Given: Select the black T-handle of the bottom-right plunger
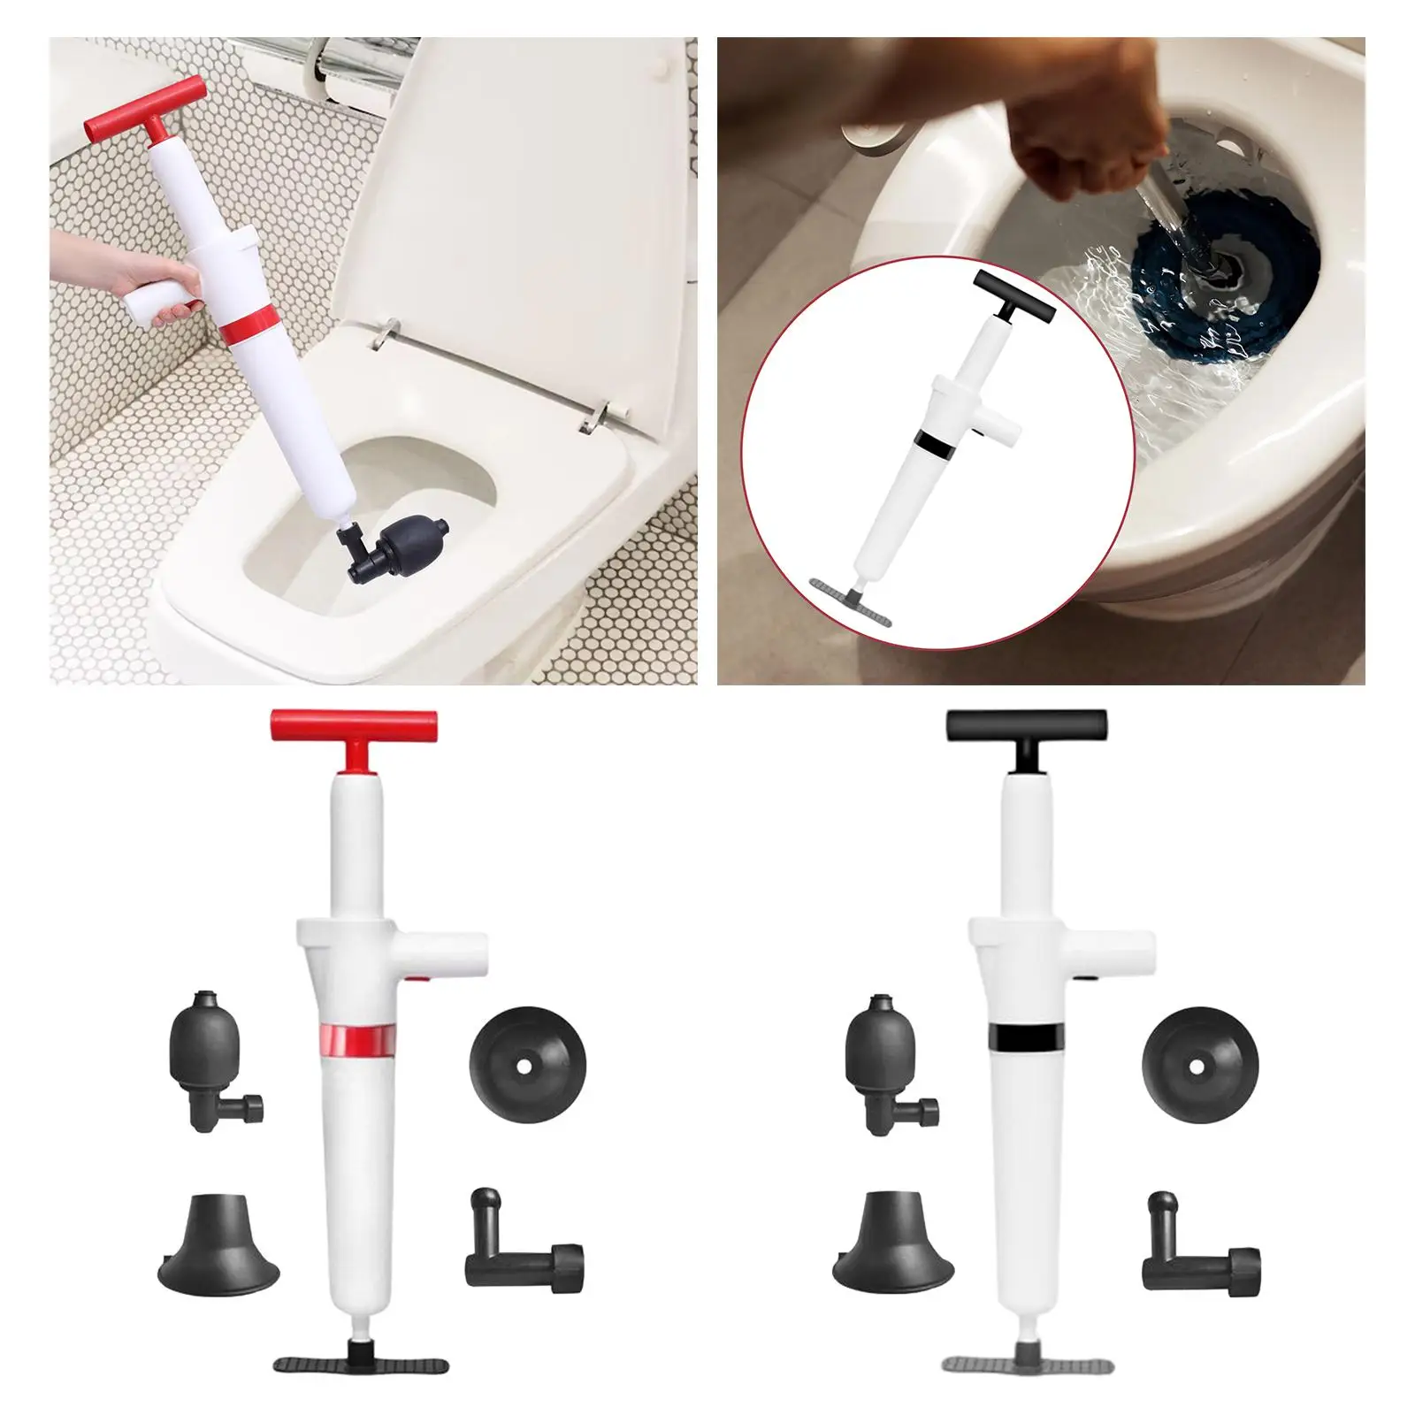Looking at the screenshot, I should point(1026,727).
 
